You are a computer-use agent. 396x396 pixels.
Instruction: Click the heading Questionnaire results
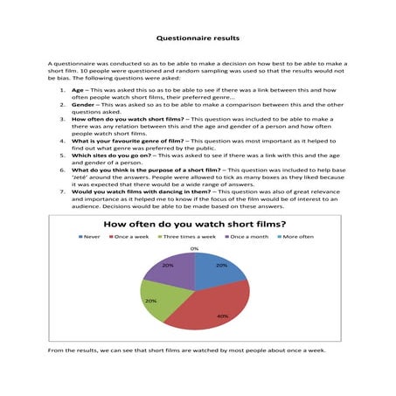[x=197, y=38]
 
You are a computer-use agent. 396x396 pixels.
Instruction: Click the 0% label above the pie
[x=193, y=248]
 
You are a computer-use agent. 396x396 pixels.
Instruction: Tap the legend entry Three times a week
[x=186, y=236]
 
